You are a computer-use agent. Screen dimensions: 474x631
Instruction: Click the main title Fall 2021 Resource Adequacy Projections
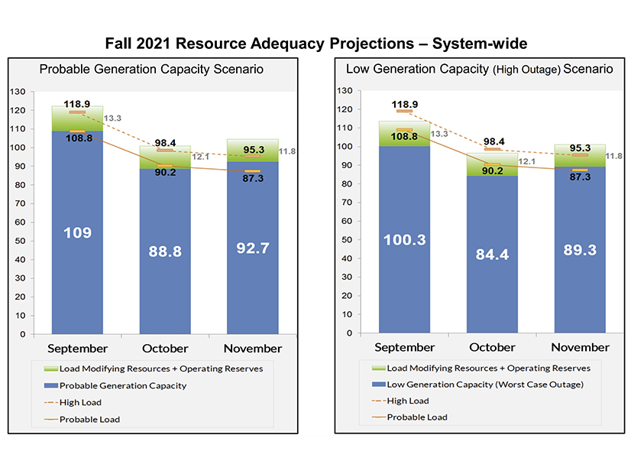click(315, 43)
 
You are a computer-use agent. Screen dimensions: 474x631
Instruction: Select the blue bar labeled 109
click(78, 232)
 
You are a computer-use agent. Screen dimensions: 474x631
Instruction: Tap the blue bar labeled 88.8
click(165, 251)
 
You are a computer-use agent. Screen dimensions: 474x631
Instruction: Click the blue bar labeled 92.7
click(252, 248)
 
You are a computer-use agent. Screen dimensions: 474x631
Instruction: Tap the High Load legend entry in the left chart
click(79, 402)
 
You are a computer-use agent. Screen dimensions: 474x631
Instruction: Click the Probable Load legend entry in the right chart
click(417, 417)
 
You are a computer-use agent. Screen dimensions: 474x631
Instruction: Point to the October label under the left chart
click(165, 349)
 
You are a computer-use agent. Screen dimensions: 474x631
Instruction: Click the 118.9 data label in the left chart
click(78, 103)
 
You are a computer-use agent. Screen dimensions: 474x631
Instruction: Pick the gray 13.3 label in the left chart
click(112, 118)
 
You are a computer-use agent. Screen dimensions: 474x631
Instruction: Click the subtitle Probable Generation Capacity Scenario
click(151, 70)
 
